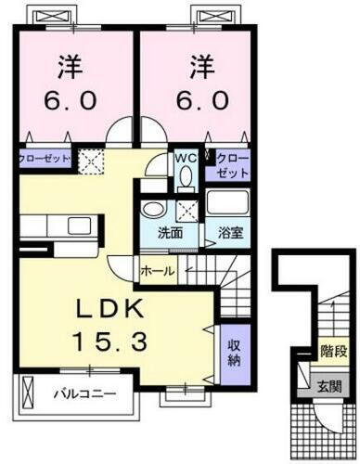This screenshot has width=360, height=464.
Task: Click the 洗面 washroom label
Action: [155, 233]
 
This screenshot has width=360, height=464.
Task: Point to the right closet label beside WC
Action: [234, 165]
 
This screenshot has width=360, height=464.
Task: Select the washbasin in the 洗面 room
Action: [155, 208]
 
